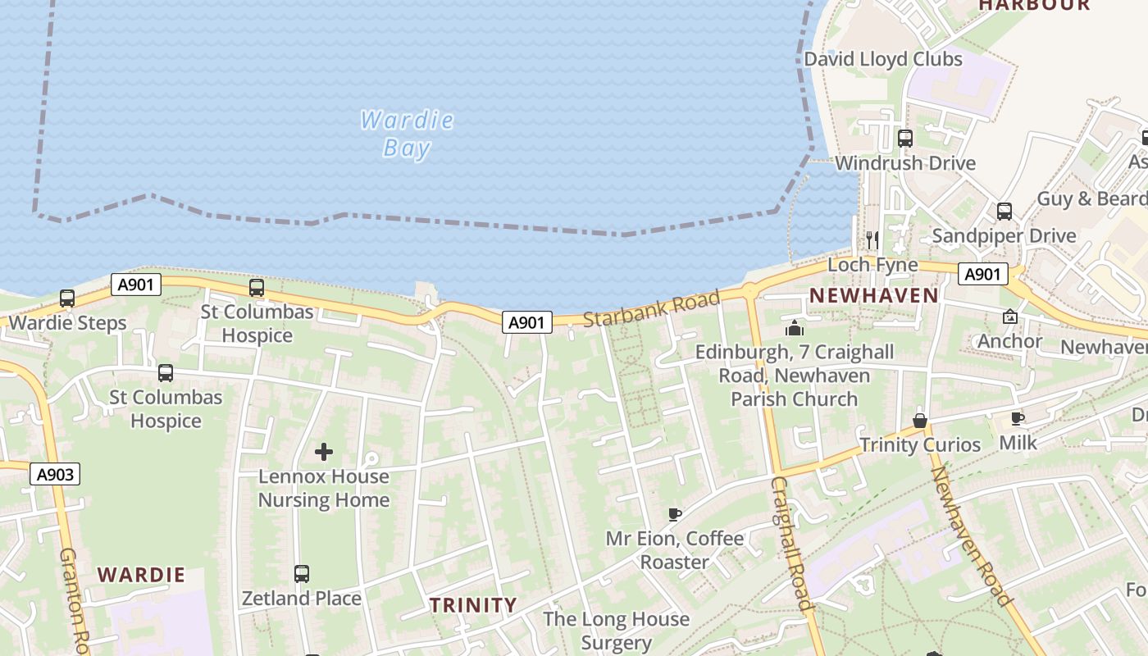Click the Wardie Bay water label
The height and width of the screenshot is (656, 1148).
(407, 134)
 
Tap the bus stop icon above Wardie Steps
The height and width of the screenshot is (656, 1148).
(67, 298)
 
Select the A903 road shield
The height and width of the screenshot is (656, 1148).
(57, 474)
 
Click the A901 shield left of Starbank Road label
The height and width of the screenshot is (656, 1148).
(526, 322)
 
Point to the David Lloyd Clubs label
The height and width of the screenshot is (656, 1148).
(882, 59)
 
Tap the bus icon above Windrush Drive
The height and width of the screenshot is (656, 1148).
(905, 139)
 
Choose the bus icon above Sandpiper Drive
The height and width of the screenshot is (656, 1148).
(1004, 211)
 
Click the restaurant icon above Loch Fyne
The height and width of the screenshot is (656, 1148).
(872, 239)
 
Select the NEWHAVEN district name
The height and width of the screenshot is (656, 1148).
(873, 296)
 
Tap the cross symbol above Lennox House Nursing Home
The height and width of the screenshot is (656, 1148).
(324, 452)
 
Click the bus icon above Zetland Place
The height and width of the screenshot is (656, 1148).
(302, 573)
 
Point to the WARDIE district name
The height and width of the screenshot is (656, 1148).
(141, 575)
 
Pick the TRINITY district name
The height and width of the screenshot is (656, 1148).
(474, 606)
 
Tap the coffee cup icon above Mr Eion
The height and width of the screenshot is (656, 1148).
(675, 514)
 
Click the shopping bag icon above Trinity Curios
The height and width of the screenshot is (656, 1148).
(920, 421)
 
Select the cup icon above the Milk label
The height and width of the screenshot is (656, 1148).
(1018, 418)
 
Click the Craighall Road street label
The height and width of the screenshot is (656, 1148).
(791, 544)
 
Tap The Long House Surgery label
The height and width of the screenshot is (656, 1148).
(616, 631)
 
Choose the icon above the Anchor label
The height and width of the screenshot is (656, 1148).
(1009, 317)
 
